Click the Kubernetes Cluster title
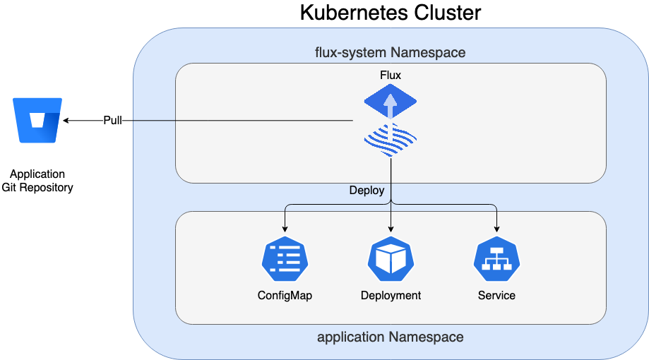tap(390, 13)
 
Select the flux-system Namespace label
tap(390, 53)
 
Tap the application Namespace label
tap(390, 337)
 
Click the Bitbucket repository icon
tap(37, 121)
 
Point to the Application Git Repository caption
tap(37, 181)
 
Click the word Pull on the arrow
tap(113, 121)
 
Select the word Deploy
tap(367, 191)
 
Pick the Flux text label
tap(391, 75)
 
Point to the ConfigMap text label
tap(285, 295)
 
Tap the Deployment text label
tap(391, 295)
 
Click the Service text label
tap(496, 295)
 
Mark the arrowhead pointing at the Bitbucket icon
tap(66, 121)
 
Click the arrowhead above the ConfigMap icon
tap(285, 229)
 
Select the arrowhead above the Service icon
tap(496, 229)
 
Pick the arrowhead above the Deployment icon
tap(391, 229)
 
